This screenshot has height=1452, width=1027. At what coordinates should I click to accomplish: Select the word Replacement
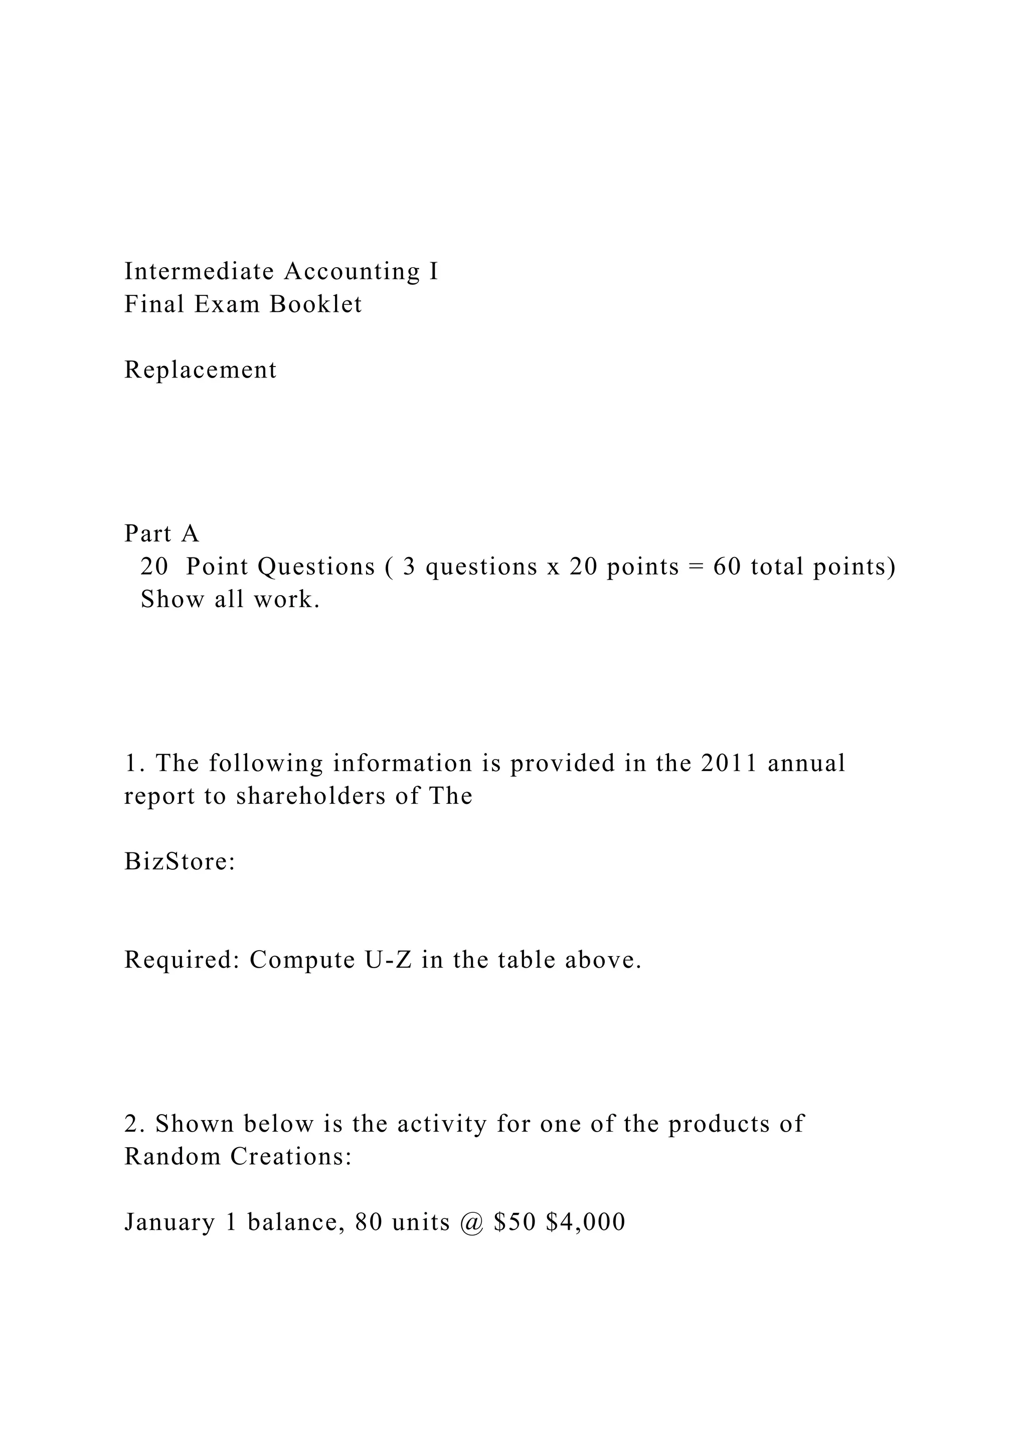201,370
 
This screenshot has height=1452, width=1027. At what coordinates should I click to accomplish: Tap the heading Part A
162,534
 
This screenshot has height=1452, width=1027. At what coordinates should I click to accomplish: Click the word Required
182,960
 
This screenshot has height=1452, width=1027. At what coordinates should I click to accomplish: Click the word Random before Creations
172,1157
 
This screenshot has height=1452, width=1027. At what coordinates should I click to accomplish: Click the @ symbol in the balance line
472,1222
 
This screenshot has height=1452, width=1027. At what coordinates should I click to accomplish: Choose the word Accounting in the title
352,271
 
